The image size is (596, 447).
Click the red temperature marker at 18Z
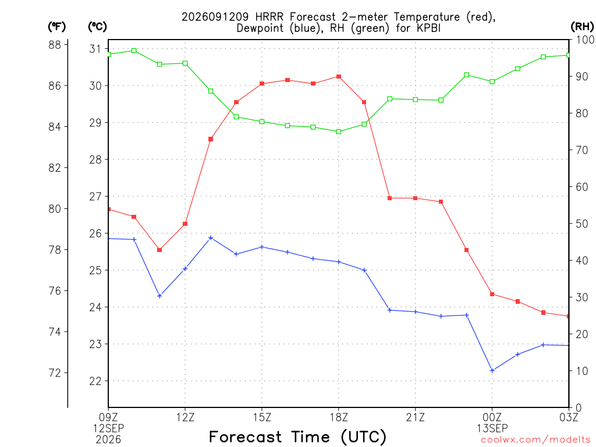click(x=339, y=77)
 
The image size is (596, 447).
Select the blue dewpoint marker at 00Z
click(x=492, y=370)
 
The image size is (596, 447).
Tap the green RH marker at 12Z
click(x=185, y=63)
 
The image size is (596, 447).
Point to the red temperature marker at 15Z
click(x=262, y=84)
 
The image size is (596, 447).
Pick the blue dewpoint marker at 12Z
click(x=185, y=269)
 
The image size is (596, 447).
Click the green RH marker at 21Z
click(x=416, y=100)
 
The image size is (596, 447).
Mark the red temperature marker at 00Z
click(x=492, y=294)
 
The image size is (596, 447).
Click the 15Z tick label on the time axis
click(x=262, y=417)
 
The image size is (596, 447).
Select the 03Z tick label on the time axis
click(x=569, y=417)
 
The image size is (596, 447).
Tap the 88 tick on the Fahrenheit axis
click(x=55, y=45)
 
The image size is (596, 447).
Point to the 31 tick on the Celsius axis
click(x=95, y=49)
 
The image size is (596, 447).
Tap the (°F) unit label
click(x=56, y=27)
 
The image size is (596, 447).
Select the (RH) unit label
click(x=582, y=27)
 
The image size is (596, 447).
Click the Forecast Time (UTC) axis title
click(x=297, y=437)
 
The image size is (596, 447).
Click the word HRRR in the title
click(x=269, y=17)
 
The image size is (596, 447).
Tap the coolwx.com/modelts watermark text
click(x=535, y=440)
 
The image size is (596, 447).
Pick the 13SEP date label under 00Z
click(x=492, y=428)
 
